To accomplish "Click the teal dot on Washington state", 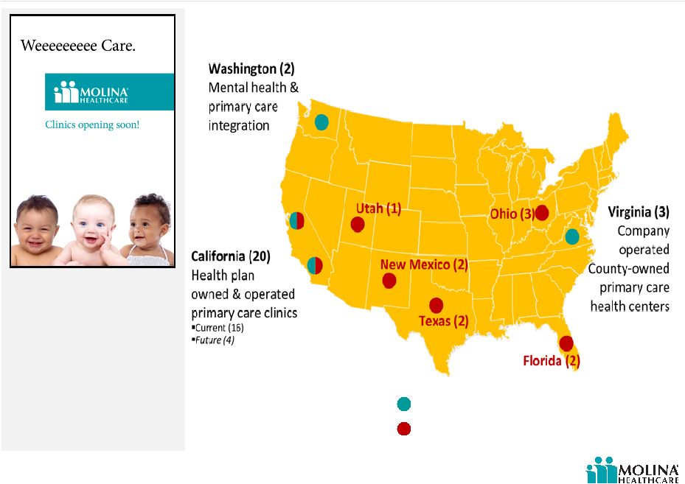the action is point(321,122).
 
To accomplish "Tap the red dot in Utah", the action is point(358,225).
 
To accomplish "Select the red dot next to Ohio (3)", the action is point(542,213).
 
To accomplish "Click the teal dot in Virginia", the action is point(572,236).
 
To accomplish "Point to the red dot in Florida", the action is point(566,343).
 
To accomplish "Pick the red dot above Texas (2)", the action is point(436,306).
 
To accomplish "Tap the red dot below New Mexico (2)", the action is point(389,281).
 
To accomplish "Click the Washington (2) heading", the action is point(251,69).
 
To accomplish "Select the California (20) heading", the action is point(231,256).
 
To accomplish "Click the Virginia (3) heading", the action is point(639,212).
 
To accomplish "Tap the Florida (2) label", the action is point(552,361).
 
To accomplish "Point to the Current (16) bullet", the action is point(218,328).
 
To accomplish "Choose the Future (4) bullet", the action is point(213,340).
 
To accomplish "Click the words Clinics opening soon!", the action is point(92,124).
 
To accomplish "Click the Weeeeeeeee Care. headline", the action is point(78,46).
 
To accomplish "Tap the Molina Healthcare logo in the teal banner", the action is point(91,92).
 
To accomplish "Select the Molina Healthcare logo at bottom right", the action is point(632,470).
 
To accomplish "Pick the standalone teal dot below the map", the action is point(403,404).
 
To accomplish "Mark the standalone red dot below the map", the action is point(403,429).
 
